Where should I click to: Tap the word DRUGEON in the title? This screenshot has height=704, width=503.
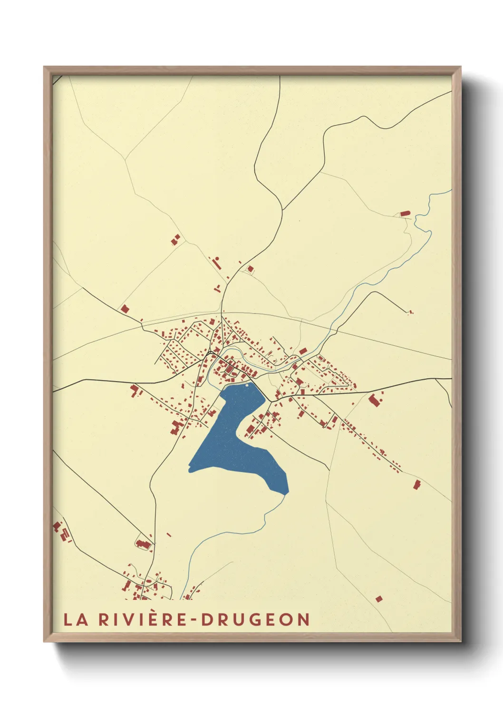(256, 620)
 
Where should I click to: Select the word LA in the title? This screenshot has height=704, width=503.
(76, 620)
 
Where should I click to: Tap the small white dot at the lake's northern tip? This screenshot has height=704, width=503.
(247, 385)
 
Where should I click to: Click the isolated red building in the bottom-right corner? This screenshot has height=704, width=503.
(379, 599)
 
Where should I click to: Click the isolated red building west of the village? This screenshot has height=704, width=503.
(125, 309)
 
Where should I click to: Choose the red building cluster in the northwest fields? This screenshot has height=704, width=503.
(175, 239)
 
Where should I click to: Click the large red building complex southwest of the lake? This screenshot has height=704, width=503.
(177, 427)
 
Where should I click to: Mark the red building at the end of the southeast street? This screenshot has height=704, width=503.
(417, 485)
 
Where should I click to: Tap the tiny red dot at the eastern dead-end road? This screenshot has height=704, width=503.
(411, 313)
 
